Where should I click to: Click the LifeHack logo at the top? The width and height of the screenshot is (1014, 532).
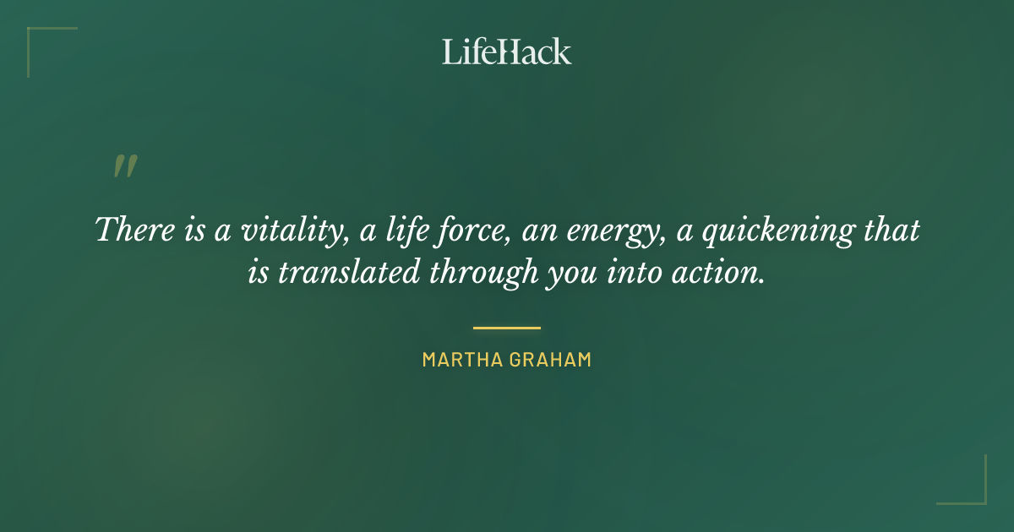point(506,52)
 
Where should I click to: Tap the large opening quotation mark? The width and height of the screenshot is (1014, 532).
point(125,166)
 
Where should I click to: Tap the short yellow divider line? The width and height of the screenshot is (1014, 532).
point(506,328)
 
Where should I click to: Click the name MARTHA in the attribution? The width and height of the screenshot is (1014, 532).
point(461,360)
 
